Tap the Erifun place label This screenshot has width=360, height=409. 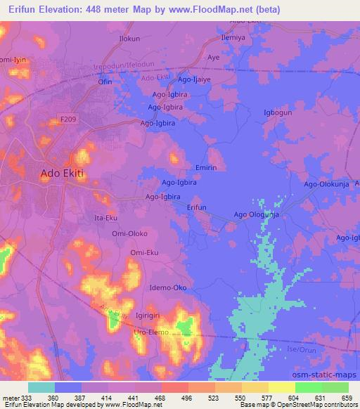(x=197, y=207)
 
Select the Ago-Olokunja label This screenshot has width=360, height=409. (x=326, y=184)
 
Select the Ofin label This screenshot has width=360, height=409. (x=105, y=82)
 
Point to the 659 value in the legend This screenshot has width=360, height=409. (x=347, y=398)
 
